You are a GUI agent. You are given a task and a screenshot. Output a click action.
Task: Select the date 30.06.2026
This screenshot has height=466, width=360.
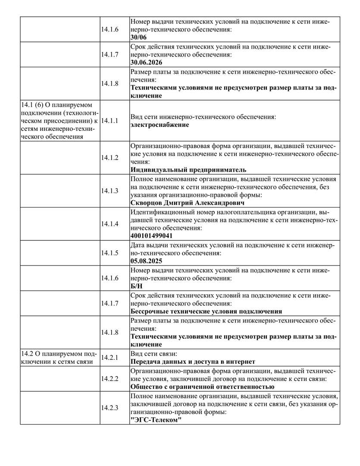tap(149, 62)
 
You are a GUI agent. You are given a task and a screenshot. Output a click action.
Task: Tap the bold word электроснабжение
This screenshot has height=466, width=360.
tap(160, 125)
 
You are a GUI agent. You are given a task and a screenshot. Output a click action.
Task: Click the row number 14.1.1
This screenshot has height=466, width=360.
tap(110, 121)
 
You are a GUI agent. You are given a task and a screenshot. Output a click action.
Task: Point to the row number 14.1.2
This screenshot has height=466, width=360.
tap(110, 157)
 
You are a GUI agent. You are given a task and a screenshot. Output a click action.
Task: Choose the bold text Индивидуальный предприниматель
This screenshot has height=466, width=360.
tap(188, 170)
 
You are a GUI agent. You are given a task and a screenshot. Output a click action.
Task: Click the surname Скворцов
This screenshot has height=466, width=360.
tap(147, 203)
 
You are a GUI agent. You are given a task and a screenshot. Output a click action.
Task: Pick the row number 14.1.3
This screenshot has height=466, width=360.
tap(110, 191)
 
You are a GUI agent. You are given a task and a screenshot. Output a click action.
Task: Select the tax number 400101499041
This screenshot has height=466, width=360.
tap(151, 236)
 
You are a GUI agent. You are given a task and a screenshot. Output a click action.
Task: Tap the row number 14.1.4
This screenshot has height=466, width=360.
tap(110, 224)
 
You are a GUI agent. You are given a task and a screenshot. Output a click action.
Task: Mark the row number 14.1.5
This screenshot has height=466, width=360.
tap(110, 253)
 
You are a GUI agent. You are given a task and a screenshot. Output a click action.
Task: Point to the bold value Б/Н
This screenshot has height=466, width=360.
tap(136, 286)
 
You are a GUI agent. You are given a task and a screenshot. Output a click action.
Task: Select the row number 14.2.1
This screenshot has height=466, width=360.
tap(110, 358)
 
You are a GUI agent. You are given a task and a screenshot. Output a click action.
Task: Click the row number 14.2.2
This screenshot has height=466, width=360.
tap(110, 378)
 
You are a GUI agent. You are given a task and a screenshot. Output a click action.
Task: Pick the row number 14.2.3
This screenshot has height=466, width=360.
tap(110, 408)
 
